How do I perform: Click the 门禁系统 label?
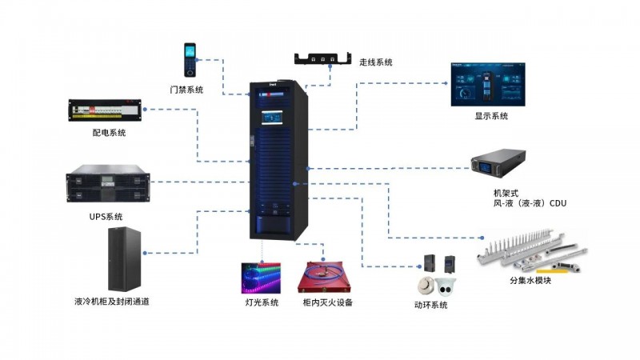click(186, 89)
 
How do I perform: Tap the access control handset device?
click(190, 59)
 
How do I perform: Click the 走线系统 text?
click(376, 62)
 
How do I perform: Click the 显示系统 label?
click(490, 117)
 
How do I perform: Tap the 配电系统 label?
click(109, 133)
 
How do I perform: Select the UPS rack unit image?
click(106, 185)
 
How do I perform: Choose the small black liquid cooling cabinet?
click(125, 258)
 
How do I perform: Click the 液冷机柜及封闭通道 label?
click(111, 302)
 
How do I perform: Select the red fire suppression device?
click(327, 277)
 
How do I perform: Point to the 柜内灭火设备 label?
click(327, 303)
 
